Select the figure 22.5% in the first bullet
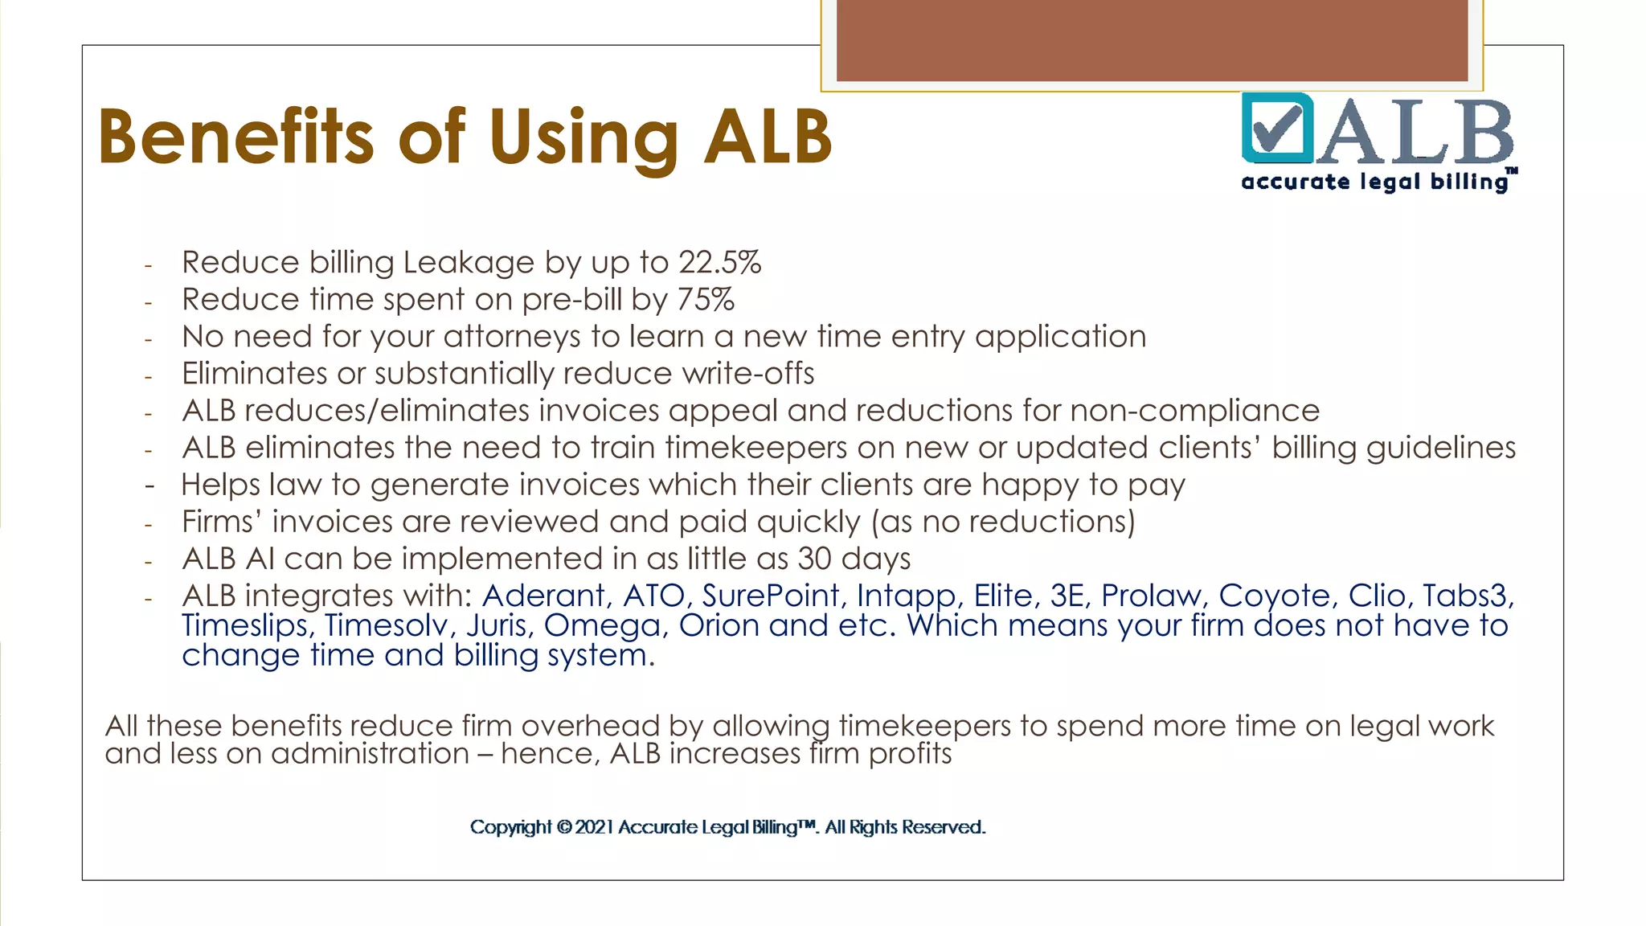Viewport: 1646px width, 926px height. (719, 262)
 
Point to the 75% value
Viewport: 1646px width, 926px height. (705, 299)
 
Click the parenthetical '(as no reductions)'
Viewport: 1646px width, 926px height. (1003, 522)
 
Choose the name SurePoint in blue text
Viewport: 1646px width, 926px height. (770, 596)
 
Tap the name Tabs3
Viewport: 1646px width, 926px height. (1468, 596)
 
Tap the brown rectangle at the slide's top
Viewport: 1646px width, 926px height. (1152, 40)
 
